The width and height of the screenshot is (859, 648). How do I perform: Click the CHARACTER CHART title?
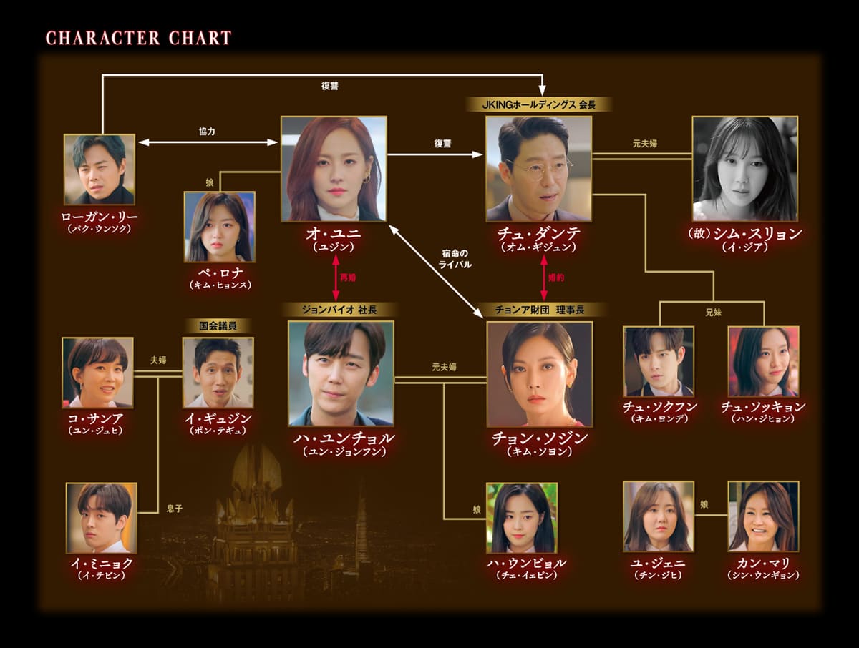tap(138, 38)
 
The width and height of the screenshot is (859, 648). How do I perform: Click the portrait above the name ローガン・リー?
tap(99, 169)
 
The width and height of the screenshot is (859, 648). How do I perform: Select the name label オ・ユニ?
tap(334, 234)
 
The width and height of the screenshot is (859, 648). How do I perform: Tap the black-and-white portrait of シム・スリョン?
tap(745, 168)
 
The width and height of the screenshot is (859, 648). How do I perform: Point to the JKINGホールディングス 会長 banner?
tap(538, 104)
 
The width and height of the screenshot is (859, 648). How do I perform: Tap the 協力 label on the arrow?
tap(207, 132)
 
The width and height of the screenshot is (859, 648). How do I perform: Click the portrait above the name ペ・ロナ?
tap(219, 226)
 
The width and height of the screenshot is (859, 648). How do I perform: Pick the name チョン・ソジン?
tap(539, 437)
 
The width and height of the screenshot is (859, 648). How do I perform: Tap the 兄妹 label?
tap(712, 313)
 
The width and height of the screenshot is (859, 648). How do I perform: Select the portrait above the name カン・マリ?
tap(763, 516)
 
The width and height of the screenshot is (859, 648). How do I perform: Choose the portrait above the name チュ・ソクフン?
tap(658, 361)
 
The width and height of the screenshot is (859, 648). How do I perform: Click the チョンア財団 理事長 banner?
tap(539, 310)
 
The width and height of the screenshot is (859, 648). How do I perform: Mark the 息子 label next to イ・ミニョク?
tap(174, 509)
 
